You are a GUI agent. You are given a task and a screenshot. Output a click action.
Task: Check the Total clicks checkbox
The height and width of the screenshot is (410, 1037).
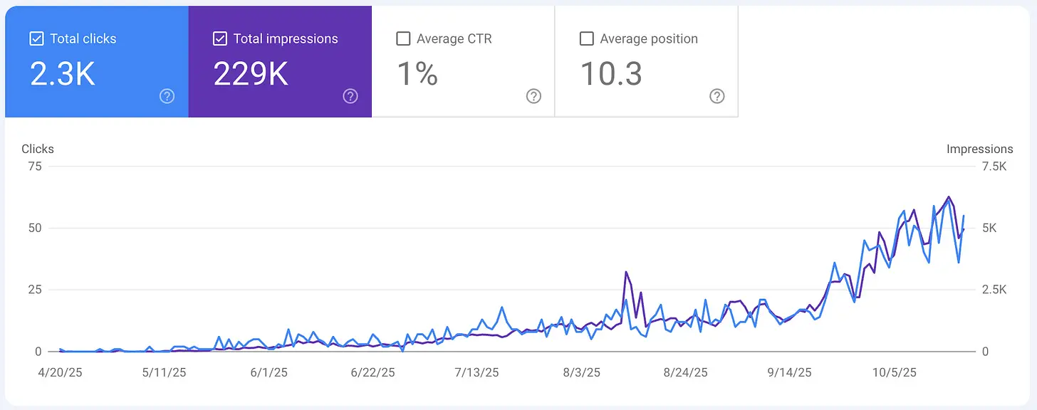[36, 38]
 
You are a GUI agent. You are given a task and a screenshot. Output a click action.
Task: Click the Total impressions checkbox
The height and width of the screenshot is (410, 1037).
[220, 38]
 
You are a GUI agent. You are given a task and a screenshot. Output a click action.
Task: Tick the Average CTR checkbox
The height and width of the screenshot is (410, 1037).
[403, 38]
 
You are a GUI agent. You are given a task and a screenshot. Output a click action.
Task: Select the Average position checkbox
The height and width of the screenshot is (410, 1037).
[587, 38]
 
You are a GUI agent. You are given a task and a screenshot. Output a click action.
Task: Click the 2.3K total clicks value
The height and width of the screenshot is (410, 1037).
[63, 74]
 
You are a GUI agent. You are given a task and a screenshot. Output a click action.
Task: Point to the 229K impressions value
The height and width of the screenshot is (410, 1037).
[251, 74]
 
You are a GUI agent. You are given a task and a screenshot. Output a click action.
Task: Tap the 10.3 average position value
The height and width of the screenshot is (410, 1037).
[611, 74]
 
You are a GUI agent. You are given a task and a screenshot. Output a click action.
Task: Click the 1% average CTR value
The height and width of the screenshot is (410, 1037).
[417, 74]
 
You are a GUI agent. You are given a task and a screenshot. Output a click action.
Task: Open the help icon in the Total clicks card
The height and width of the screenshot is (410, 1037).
[167, 96]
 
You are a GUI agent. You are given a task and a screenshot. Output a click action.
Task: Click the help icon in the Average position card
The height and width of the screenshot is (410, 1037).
[717, 96]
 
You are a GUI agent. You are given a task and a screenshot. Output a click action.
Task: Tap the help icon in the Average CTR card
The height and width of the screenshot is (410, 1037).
[533, 96]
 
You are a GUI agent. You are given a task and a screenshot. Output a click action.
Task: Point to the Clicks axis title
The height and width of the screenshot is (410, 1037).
[38, 149]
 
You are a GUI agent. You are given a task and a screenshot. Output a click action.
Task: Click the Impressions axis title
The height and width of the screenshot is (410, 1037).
[979, 149]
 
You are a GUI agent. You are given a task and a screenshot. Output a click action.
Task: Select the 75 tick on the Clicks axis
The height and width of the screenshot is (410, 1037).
[34, 167]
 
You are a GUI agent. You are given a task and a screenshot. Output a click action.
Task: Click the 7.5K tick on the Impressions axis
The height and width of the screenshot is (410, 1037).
[994, 167]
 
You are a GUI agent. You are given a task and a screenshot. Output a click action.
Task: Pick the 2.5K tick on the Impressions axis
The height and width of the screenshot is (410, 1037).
[994, 290]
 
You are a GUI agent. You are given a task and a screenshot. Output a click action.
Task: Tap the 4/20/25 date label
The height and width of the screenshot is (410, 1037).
[61, 372]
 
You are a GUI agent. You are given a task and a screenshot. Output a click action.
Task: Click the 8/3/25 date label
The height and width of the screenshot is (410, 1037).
[581, 372]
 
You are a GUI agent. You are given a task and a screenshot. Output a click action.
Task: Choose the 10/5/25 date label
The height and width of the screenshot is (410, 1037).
[895, 372]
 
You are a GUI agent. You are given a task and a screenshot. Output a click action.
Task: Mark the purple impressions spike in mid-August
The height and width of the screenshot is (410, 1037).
[626, 273]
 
